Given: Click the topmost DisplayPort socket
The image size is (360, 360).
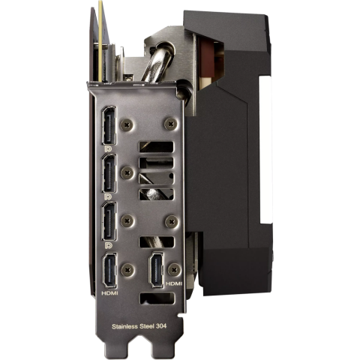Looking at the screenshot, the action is pyautogui.click(x=109, y=125).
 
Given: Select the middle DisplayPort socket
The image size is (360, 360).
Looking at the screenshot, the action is pyautogui.click(x=109, y=173).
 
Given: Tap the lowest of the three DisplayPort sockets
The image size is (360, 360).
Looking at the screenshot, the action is pyautogui.click(x=109, y=221).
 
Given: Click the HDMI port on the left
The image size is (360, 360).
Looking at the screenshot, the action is pyautogui.click(x=109, y=270).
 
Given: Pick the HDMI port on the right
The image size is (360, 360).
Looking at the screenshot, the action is pyautogui.click(x=156, y=269).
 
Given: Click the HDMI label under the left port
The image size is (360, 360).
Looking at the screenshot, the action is pyautogui.click(x=109, y=293).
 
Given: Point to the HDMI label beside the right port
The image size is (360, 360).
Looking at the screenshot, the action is pyautogui.click(x=174, y=283).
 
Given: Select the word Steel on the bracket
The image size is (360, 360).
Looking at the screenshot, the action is pyautogui.click(x=147, y=326).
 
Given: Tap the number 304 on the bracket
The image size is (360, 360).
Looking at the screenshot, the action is pyautogui.click(x=161, y=325).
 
